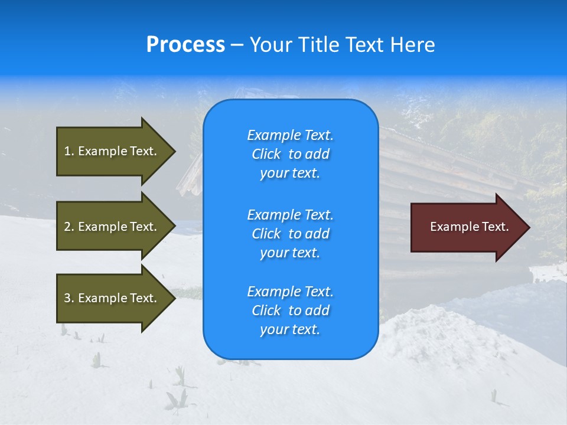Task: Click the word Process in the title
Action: point(185,45)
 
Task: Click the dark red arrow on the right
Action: point(467,227)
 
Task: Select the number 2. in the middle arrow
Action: point(69,227)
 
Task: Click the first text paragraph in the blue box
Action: point(290,154)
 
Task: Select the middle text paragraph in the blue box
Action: point(290,234)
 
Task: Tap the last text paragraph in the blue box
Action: point(290,310)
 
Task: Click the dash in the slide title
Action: point(237,45)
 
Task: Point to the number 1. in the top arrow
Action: point(69,151)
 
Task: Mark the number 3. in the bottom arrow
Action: point(69,298)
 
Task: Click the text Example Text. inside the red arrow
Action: point(469,227)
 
